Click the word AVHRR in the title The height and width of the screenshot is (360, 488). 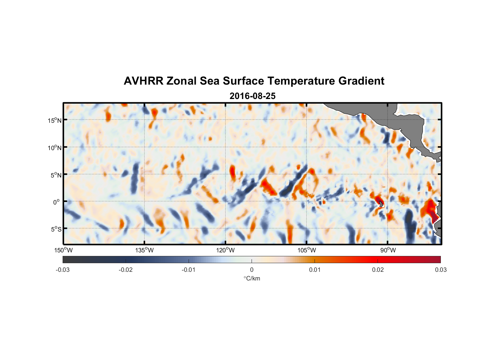[143, 81]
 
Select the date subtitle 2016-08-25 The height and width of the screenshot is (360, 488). [252, 96]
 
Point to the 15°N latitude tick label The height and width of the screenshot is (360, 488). [55, 120]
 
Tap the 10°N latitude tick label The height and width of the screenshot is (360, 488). [55, 148]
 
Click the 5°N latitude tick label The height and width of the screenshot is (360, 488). [56, 175]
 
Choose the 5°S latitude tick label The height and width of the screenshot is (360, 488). [56, 229]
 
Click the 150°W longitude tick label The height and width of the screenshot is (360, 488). [63, 250]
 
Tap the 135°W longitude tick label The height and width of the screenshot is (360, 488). [145, 250]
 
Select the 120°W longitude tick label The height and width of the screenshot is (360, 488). [226, 250]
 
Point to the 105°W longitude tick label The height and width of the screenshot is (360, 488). [307, 250]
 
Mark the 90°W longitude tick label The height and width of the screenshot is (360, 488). [388, 250]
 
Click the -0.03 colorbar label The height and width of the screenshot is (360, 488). [63, 270]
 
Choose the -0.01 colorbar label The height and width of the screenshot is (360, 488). [188, 270]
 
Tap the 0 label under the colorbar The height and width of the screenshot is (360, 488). [252, 270]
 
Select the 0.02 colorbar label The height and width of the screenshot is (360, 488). [378, 270]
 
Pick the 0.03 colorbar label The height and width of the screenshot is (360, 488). [440, 270]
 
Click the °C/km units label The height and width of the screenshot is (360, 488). [252, 278]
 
